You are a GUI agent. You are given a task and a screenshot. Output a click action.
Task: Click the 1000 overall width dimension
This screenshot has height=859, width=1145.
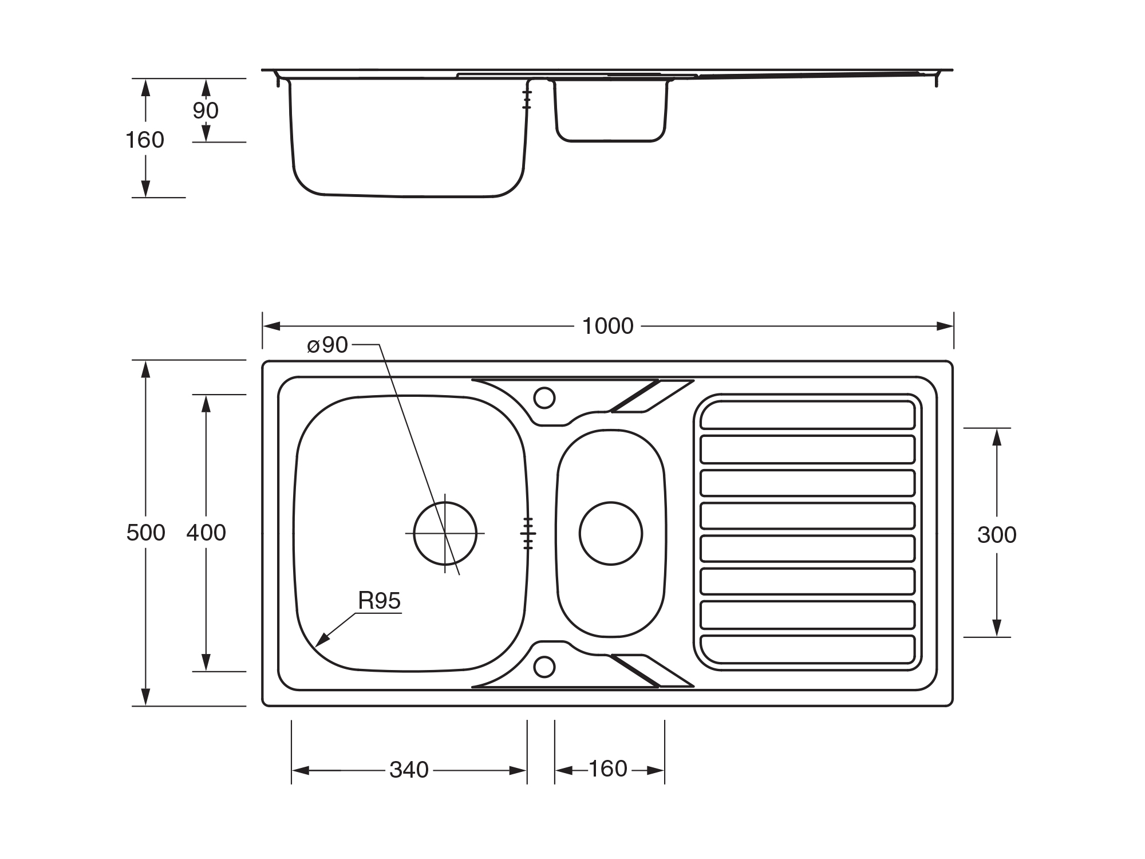[607, 326]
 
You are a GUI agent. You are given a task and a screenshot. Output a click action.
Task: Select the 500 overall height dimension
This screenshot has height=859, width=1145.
[145, 533]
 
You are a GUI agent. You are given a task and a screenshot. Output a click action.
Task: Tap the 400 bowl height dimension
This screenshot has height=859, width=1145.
[206, 533]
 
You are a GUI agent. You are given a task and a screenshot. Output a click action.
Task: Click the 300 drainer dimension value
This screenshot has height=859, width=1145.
[997, 535]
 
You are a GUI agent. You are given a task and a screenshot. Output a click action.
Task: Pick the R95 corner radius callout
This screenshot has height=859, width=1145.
[379, 601]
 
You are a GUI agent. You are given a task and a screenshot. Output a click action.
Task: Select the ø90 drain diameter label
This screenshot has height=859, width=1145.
[327, 345]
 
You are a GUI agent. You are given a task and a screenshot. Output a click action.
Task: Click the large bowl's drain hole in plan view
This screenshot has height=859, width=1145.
[445, 533]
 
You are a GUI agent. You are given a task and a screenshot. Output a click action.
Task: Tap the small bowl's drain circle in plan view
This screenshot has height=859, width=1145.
[611, 533]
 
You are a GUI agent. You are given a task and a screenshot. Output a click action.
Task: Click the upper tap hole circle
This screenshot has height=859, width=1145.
[544, 397]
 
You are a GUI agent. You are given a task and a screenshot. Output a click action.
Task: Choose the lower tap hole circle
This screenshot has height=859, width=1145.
[544, 667]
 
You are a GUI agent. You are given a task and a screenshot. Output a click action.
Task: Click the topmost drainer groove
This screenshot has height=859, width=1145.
[807, 415]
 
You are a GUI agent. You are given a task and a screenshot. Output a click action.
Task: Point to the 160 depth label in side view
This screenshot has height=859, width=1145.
[145, 140]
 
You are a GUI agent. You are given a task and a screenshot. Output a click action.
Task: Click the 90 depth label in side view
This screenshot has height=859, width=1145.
[206, 111]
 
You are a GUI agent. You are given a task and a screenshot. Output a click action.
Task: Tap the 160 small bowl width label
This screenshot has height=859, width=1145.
[608, 769]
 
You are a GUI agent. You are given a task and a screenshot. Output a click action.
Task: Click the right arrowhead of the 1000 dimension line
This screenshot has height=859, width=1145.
[945, 326]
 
